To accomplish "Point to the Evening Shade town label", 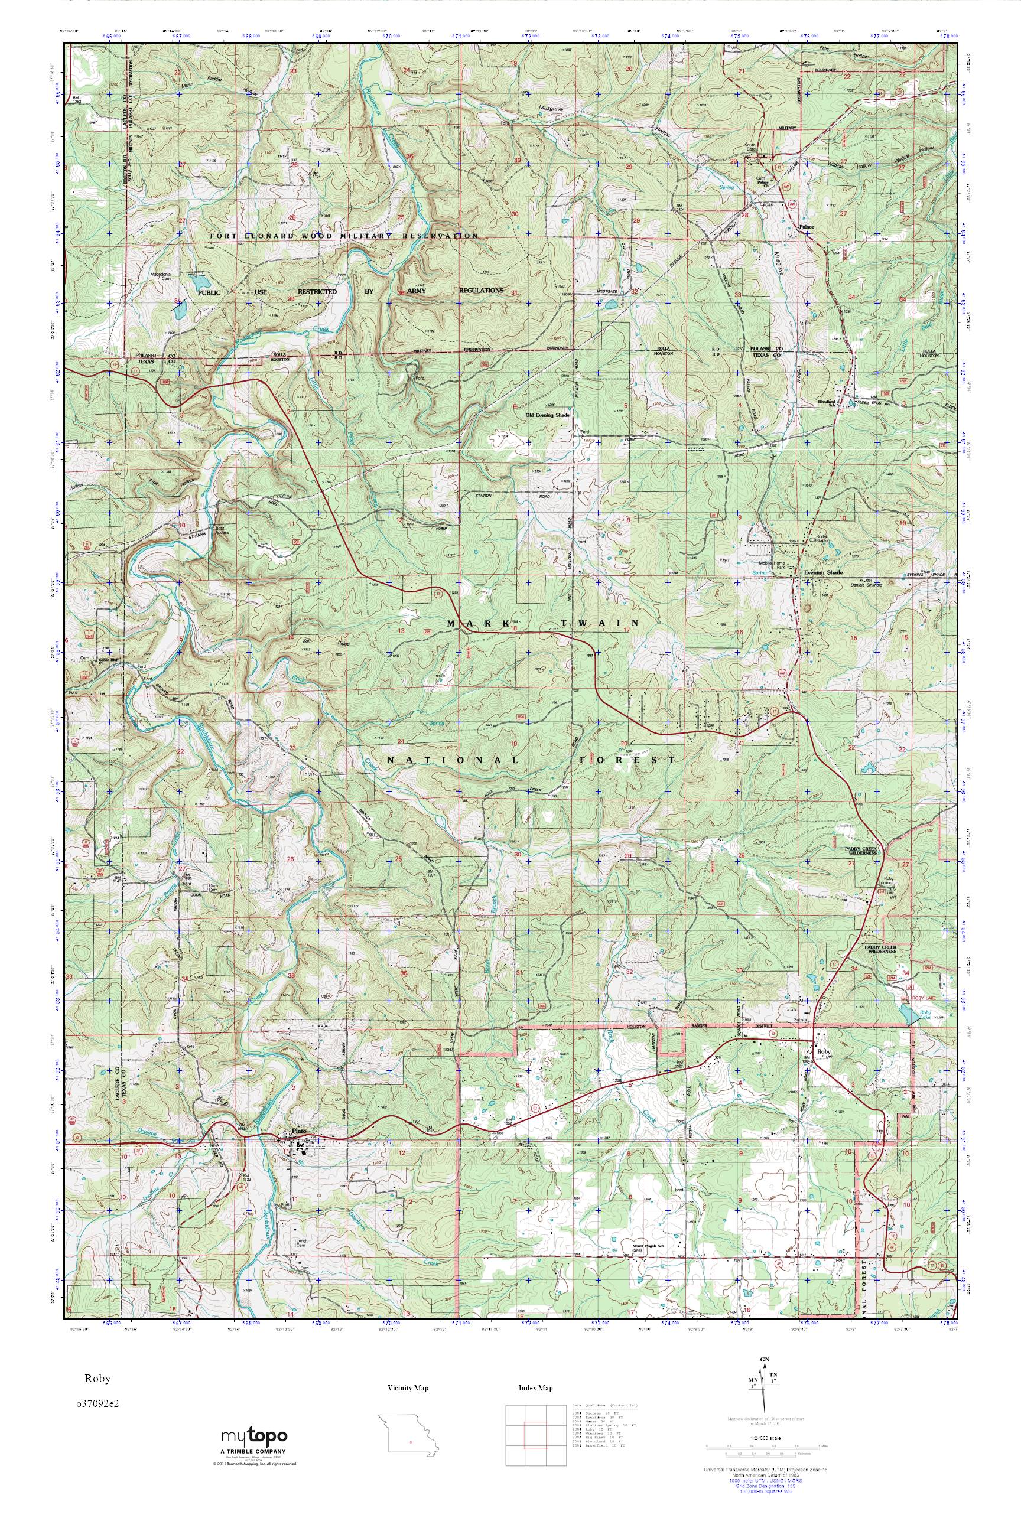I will click(823, 572).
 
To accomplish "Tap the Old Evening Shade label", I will click(548, 413).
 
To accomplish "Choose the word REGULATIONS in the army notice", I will click(481, 291).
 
